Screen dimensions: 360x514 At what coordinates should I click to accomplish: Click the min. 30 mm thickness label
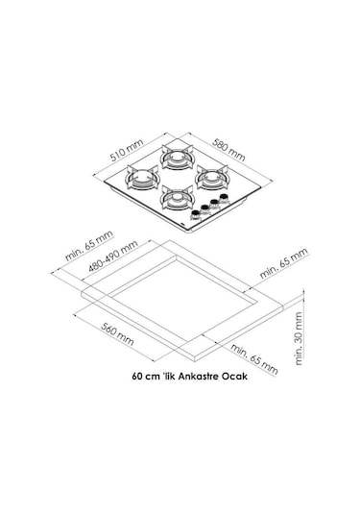click(300, 339)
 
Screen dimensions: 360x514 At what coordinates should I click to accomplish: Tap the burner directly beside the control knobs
click(178, 198)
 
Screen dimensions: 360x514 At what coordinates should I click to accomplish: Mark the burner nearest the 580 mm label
click(213, 177)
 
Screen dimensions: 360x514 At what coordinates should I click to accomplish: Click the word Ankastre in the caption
click(195, 377)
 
